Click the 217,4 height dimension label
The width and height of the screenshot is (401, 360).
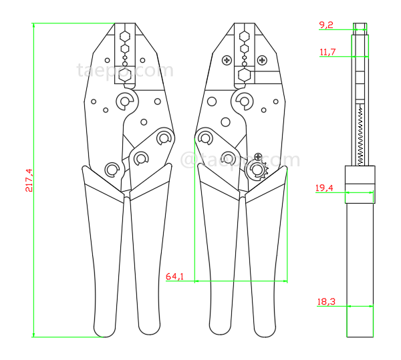click(x=28, y=180)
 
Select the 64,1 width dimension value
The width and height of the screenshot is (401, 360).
click(x=174, y=276)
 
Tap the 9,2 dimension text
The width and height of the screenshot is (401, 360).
click(x=326, y=25)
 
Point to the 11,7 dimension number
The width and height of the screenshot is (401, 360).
click(x=327, y=51)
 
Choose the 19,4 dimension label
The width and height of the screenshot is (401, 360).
click(x=325, y=188)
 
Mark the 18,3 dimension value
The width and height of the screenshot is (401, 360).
click(x=326, y=302)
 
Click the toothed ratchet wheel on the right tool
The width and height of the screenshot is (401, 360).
click(x=257, y=170)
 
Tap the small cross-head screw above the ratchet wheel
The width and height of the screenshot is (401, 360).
click(x=258, y=156)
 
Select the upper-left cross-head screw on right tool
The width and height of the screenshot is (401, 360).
click(x=227, y=61)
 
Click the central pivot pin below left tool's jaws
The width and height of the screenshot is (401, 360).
click(x=125, y=102)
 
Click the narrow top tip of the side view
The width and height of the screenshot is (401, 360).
click(x=361, y=27)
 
